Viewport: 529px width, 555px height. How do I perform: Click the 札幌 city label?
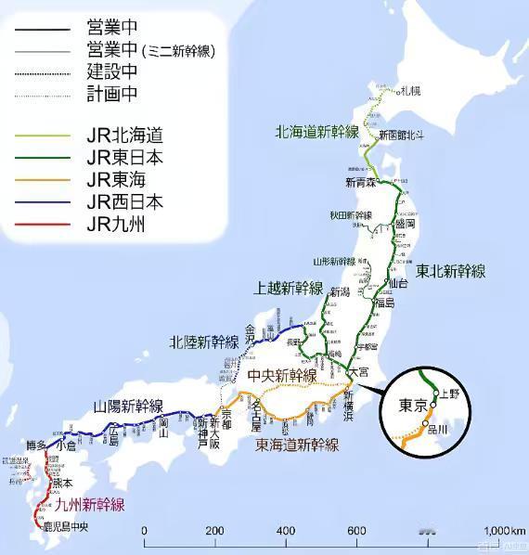point(410,91)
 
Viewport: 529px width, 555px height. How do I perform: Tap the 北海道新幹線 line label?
point(316,132)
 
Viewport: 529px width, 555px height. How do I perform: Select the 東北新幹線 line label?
point(450,271)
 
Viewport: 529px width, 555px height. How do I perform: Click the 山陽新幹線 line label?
point(129,406)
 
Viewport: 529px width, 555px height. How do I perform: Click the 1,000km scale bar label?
point(505,530)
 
